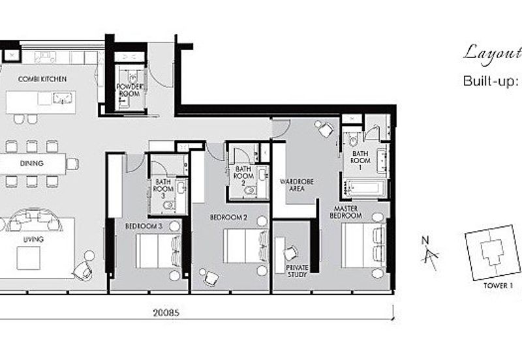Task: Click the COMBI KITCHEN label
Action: pyautogui.click(x=42, y=79)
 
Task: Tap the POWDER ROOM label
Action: pyautogui.click(x=129, y=90)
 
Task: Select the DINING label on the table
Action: pyautogui.click(x=31, y=163)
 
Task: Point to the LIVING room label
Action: pyautogui.click(x=33, y=239)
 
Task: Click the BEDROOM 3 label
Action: pyautogui.click(x=144, y=226)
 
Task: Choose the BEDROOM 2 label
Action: pyautogui.click(x=228, y=218)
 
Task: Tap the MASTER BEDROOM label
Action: pyautogui.click(x=346, y=212)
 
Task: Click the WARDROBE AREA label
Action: pyautogui.click(x=297, y=185)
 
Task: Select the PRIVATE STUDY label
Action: pyautogui.click(x=297, y=271)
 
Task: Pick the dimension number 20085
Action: pyautogui.click(x=166, y=313)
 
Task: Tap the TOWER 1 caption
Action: pyautogui.click(x=498, y=286)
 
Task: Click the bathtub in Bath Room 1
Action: pyautogui.click(x=364, y=187)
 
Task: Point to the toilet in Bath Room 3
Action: pyautogui.click(x=169, y=206)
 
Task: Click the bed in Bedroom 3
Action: pyautogui.click(x=159, y=251)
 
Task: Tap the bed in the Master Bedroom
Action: pyautogui.click(x=363, y=245)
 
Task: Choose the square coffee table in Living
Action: pyautogui.click(x=29, y=258)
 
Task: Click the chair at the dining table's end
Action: pyautogui.click(x=72, y=164)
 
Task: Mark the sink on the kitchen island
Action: pyautogui.click(x=62, y=98)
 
